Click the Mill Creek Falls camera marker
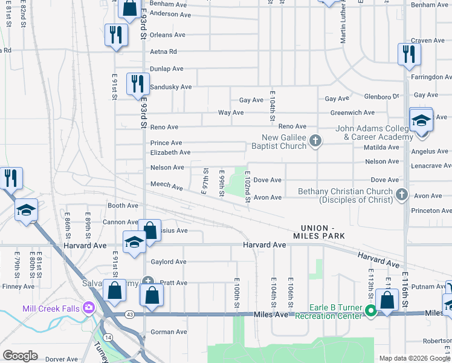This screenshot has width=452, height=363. point(89,308)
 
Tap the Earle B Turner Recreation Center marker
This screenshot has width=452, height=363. point(371,312)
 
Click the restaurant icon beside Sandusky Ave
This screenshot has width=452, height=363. point(138,84)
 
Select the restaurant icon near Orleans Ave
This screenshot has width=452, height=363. point(115,35)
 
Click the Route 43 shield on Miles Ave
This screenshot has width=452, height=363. point(129,314)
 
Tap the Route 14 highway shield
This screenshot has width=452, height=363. point(107,336)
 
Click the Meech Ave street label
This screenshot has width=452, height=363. point(166,186)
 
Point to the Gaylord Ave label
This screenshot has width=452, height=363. point(168,262)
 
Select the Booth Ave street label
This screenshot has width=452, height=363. point(123,206)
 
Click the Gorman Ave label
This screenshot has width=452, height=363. point(169,332)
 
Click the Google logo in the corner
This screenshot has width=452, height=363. point(21,356)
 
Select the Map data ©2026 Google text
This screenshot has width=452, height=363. point(415,358)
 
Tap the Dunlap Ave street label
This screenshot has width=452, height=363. point(167,69)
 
